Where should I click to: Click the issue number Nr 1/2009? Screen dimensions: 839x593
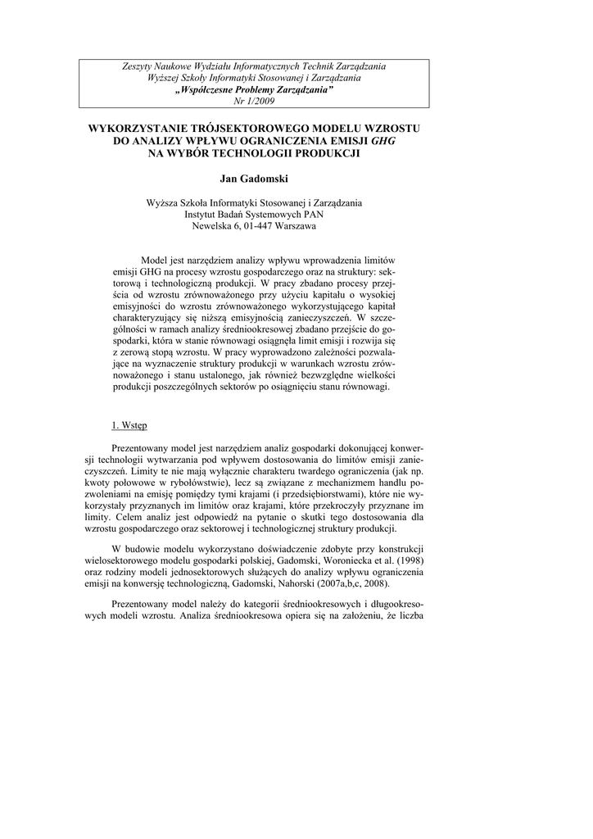(x=254, y=101)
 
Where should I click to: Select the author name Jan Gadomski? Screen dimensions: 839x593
(x=254, y=178)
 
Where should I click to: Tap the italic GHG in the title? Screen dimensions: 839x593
(x=383, y=141)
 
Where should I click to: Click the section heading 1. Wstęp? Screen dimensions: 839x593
(x=129, y=425)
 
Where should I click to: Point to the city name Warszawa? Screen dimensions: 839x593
(x=288, y=227)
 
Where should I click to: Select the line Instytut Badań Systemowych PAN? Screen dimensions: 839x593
(x=255, y=215)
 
